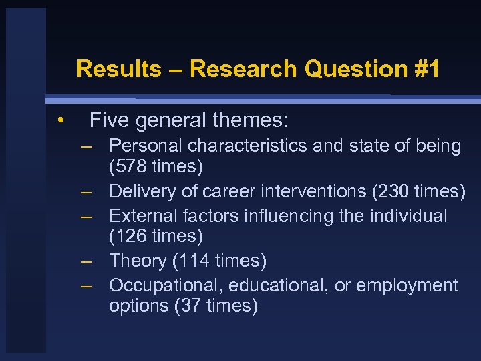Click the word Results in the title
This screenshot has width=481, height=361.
click(x=118, y=69)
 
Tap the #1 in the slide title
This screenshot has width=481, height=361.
click(x=425, y=69)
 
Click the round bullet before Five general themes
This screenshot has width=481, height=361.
click(x=60, y=121)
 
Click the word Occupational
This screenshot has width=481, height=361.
click(x=166, y=285)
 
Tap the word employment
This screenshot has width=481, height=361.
click(x=408, y=285)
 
